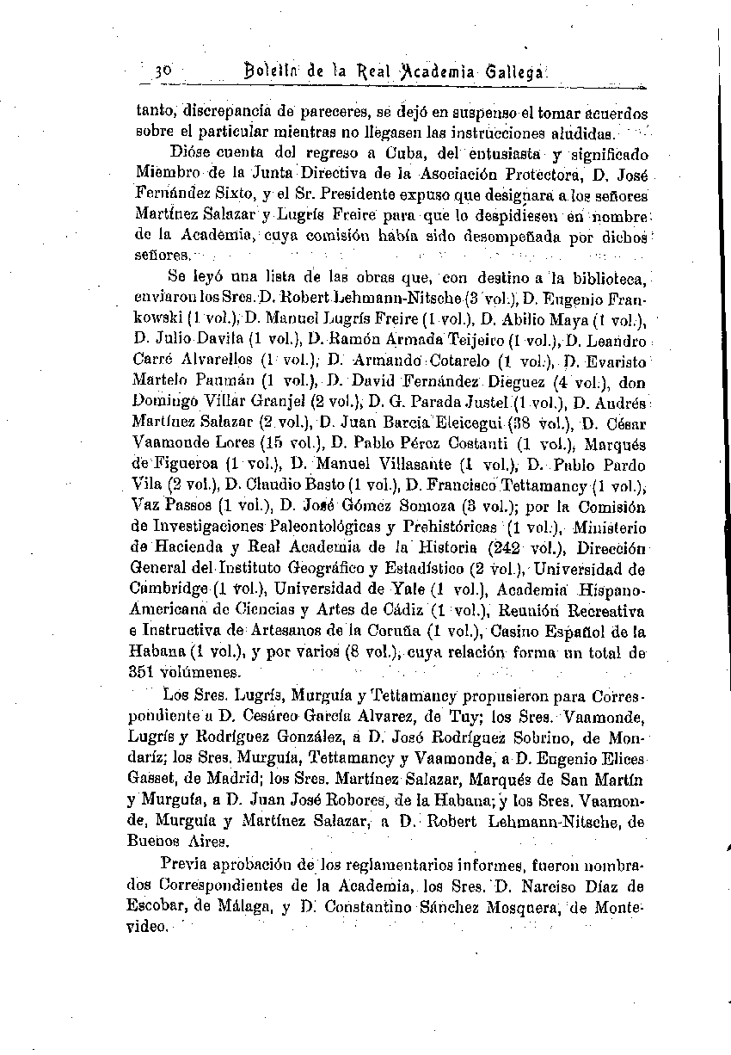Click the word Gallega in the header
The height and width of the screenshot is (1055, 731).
click(x=513, y=72)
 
